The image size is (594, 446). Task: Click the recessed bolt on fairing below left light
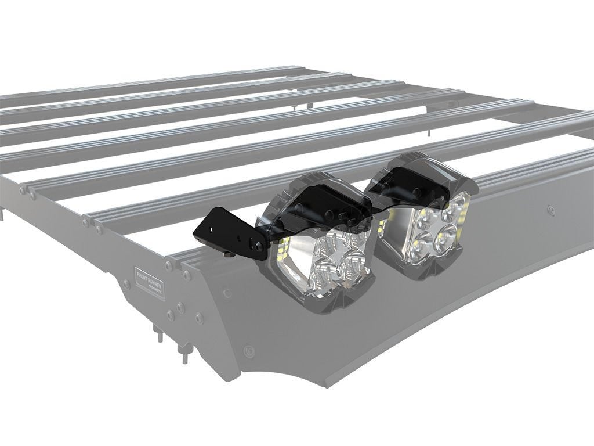249,351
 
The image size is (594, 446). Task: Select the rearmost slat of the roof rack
174,81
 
